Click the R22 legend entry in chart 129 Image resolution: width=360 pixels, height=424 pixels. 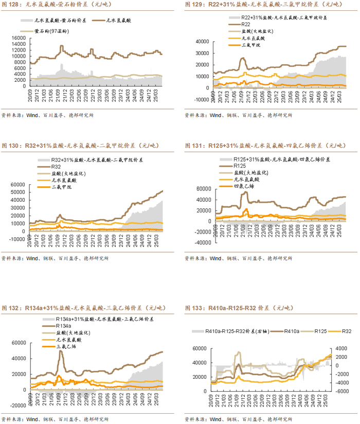coord(246,25)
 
